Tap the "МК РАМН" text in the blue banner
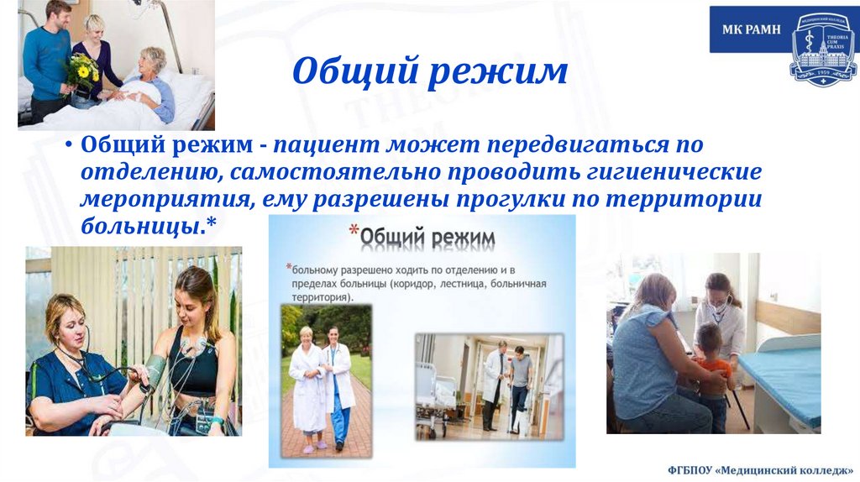pos(752,29)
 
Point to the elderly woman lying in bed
pos(151,84)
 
